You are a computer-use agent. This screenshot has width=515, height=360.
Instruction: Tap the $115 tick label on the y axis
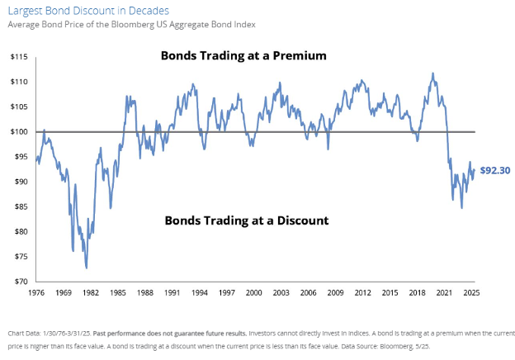(x=20, y=57)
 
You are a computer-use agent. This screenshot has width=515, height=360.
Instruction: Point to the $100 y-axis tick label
(x=20, y=132)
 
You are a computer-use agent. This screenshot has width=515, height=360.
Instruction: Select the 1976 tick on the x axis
(x=37, y=292)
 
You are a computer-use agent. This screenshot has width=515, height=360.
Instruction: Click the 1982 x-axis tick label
(x=92, y=292)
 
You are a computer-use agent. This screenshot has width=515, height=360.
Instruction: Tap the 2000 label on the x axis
(x=254, y=292)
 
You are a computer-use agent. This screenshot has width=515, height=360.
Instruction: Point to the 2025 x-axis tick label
(x=471, y=292)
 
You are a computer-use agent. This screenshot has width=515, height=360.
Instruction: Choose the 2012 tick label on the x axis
(x=362, y=292)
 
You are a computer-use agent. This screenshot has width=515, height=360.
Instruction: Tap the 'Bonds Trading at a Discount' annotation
(x=247, y=220)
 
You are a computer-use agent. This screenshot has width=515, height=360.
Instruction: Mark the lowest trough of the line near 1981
(x=87, y=268)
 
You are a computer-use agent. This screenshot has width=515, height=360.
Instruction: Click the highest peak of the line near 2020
(x=432, y=73)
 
